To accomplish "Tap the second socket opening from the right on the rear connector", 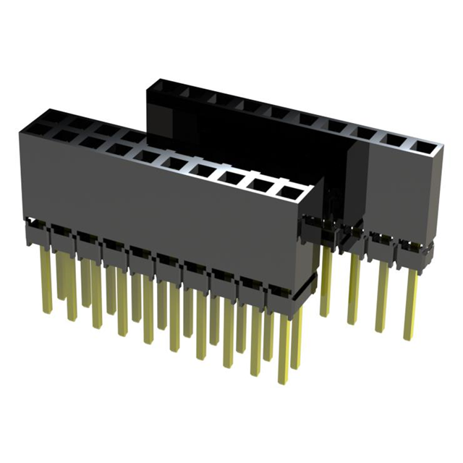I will (x=394, y=141).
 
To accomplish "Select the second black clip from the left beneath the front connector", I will (x=62, y=239).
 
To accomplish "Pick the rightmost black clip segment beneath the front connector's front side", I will (x=281, y=296).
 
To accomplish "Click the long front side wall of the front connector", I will (x=159, y=210).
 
